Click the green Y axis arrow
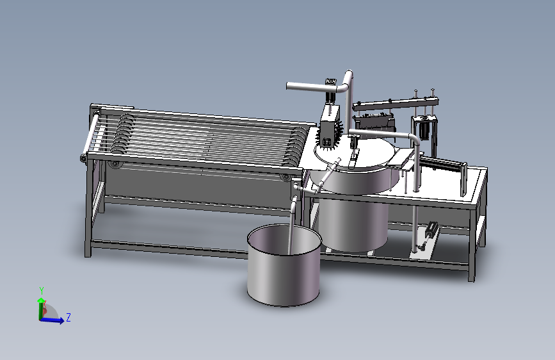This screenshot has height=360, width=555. pos(41,295)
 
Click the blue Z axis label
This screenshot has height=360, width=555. pos(68,317)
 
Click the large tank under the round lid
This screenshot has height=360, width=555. pos(352,218)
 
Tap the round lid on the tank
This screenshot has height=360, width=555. pos(358,154)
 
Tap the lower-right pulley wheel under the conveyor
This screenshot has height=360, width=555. pos(284,176)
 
